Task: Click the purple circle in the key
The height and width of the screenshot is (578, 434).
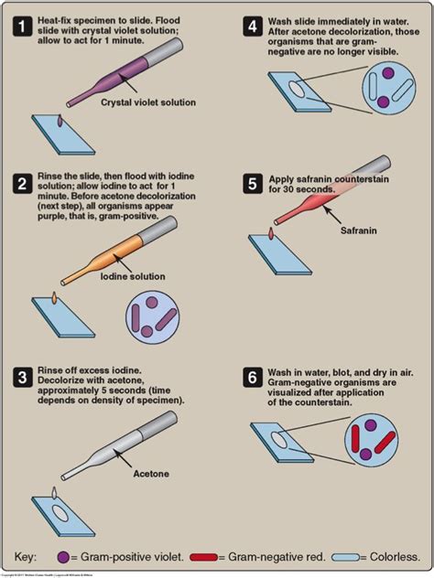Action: (63, 556)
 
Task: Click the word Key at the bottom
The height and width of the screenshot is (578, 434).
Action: (28, 556)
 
